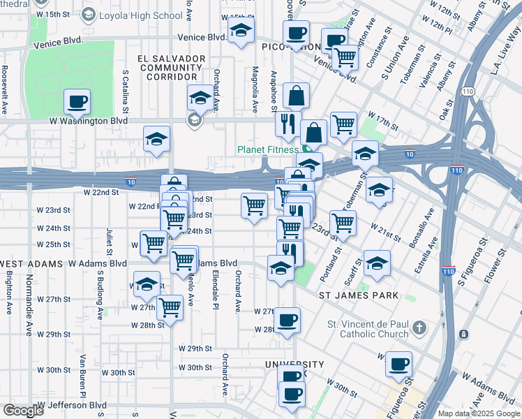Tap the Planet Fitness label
tap(269, 149)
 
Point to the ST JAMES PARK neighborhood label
tap(359, 295)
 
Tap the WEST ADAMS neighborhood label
tap(29, 263)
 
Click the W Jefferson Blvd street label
tap(72, 405)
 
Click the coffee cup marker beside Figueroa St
tap(398, 364)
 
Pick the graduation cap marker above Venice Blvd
tap(241, 30)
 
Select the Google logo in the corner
tap(23, 411)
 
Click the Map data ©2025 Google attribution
tap(479, 413)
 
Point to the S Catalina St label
tap(126, 91)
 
